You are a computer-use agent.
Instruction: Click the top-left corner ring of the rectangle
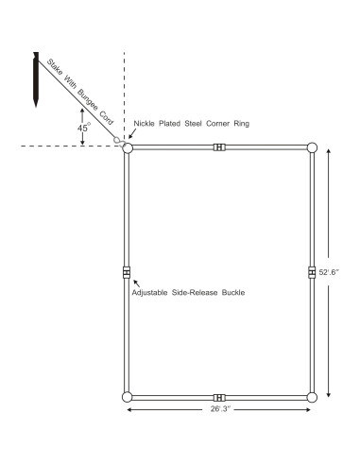128,147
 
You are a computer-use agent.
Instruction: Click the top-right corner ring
312,147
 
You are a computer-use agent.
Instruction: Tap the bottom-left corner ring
128,397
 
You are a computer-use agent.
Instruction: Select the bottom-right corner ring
312,397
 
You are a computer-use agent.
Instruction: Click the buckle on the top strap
219,147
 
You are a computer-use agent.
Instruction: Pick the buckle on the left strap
128,272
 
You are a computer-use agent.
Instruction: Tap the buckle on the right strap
312,272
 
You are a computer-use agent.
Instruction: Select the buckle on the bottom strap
219,397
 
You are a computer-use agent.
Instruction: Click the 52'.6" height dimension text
336,272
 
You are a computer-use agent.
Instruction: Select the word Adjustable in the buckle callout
152,293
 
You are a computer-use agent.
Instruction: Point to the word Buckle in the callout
231,293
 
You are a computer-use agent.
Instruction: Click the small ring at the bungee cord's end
117,139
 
